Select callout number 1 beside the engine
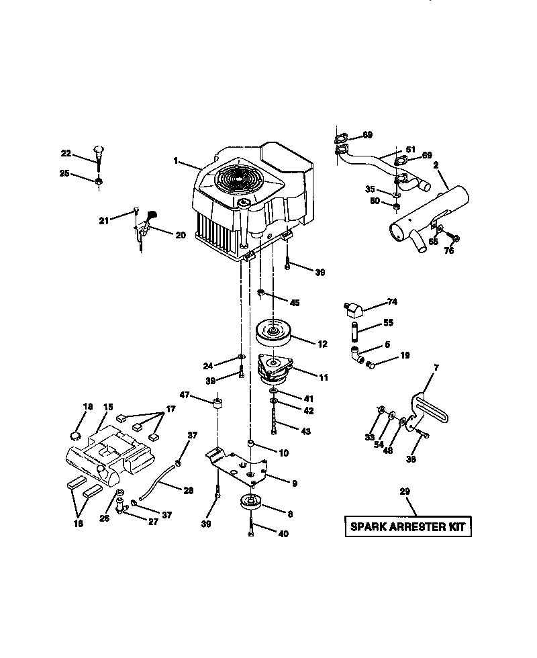(x=175, y=160)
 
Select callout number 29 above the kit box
(x=404, y=491)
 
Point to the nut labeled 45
(x=260, y=293)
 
